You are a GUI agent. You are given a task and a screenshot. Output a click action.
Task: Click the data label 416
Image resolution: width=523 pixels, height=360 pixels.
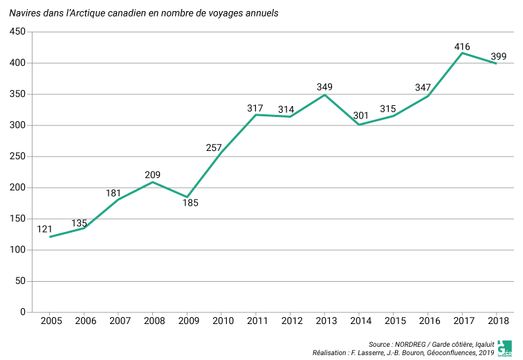click(462, 47)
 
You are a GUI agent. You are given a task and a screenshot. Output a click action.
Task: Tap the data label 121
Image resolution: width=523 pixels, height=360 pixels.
click(45, 229)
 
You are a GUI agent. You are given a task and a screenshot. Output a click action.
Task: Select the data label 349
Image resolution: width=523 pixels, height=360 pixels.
click(324, 87)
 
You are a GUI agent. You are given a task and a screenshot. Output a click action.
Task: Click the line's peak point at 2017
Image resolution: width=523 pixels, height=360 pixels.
click(462, 53)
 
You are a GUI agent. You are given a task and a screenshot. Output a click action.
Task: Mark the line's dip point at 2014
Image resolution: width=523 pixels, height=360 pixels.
click(359, 125)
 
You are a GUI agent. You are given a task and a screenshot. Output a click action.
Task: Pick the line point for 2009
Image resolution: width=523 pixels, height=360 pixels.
click(187, 197)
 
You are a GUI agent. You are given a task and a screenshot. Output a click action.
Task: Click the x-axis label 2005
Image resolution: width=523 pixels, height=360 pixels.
click(51, 321)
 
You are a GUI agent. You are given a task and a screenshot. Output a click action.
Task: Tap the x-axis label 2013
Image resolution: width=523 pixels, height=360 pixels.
click(325, 321)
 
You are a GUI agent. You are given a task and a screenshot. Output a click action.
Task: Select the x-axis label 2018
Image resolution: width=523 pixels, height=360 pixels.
click(497, 321)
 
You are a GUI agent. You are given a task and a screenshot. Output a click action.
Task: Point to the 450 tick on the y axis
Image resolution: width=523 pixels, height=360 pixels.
click(17, 32)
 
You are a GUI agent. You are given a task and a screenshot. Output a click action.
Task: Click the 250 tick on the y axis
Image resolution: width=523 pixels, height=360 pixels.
click(17, 156)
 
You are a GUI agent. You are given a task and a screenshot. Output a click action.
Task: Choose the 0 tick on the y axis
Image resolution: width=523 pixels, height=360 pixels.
click(22, 312)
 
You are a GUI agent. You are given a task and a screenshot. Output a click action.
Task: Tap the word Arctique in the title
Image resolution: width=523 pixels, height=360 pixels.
click(94, 13)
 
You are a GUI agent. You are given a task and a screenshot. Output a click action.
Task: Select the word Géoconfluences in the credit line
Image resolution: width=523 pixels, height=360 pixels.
click(452, 353)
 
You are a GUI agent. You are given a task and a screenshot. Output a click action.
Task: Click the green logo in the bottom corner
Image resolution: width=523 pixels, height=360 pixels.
click(505, 348)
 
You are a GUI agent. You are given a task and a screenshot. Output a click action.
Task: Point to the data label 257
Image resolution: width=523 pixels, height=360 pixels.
click(214, 147)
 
